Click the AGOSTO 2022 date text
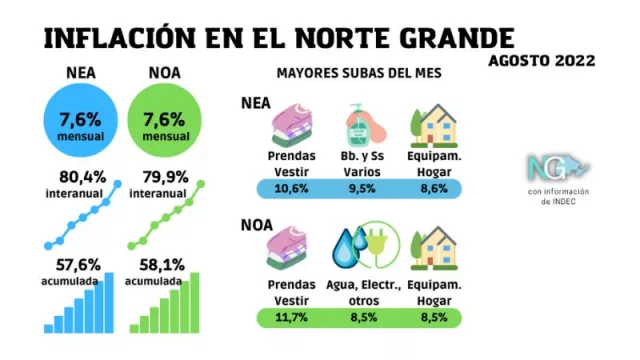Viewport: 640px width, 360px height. (x=542, y=60)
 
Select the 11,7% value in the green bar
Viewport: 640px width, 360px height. (x=292, y=318)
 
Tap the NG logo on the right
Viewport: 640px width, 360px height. (x=558, y=166)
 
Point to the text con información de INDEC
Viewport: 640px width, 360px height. (x=558, y=196)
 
